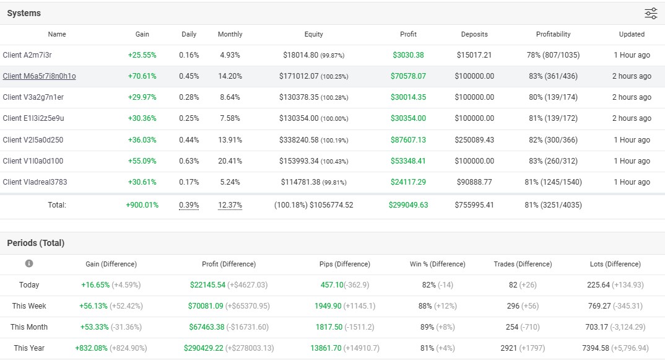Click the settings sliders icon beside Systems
pos(651,14)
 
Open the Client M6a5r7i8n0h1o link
pos(39,76)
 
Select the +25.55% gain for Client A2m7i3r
pos(142,55)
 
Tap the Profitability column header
pos(553,34)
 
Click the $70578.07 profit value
pos(408,76)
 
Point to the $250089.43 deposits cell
pos(474,140)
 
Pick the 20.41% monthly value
pos(230,161)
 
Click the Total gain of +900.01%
pos(142,205)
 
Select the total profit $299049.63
pos(408,205)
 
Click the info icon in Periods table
pos(29,264)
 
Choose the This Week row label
pos(29,306)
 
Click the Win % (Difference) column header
pos(437,264)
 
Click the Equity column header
pos(313,34)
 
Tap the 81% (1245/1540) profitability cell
pos(553,182)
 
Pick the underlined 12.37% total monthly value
pos(230,205)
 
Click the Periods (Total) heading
pos(36,243)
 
